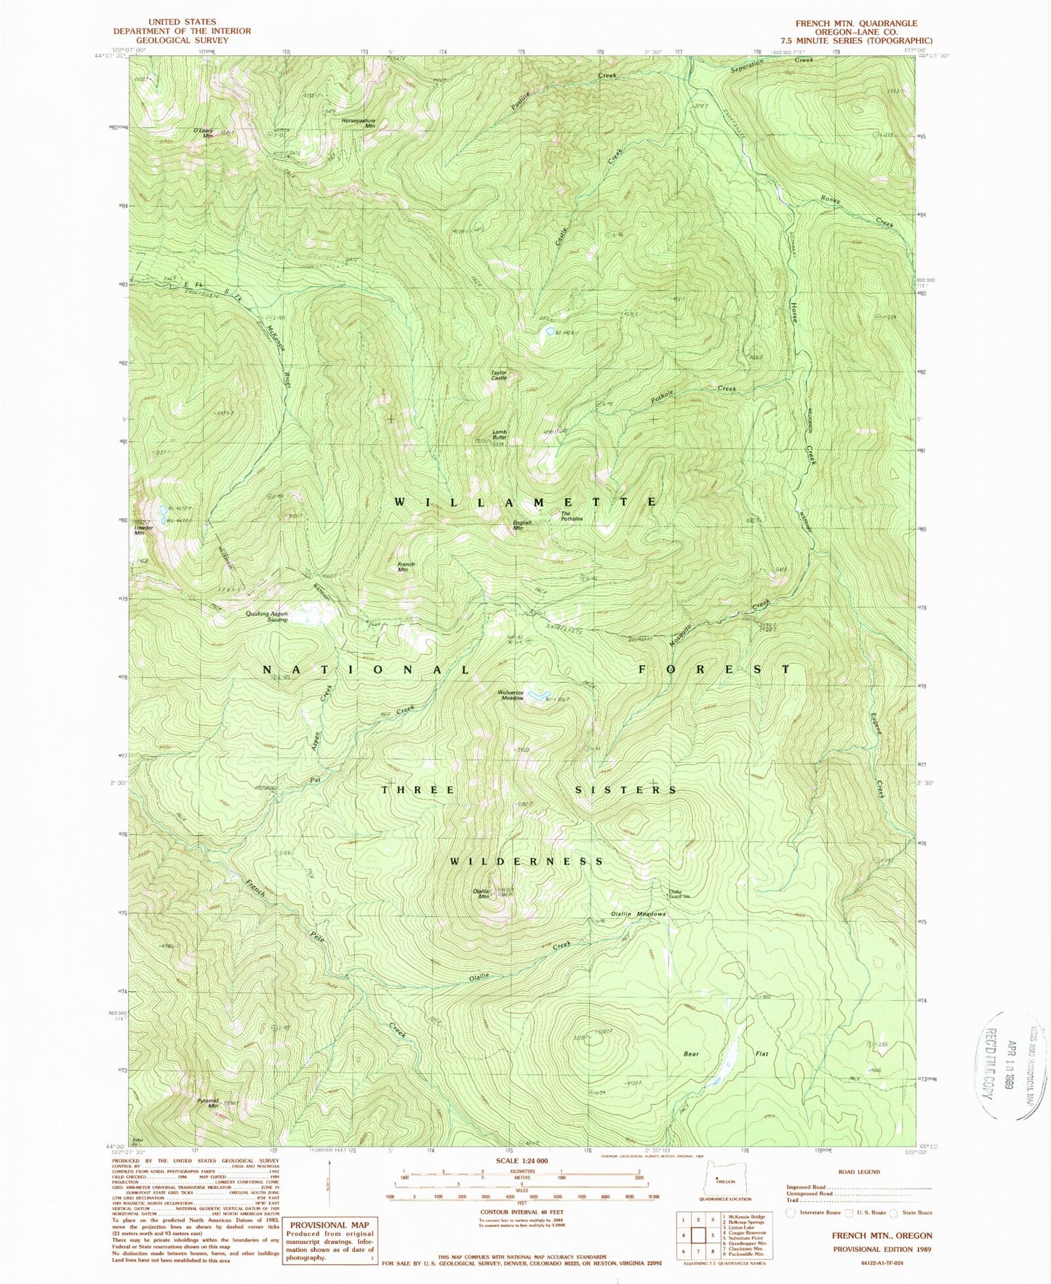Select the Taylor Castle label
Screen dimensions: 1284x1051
tap(499, 375)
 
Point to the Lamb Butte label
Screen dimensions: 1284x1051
tap(499, 435)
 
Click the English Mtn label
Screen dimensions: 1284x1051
tap(523, 525)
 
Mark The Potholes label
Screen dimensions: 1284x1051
tap(572, 516)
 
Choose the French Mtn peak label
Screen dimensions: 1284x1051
tap(406, 567)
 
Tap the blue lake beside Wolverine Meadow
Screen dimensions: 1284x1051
tap(537, 697)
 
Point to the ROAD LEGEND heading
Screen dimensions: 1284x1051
tap(859, 1171)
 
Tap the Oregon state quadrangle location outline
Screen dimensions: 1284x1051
tap(722, 1181)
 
